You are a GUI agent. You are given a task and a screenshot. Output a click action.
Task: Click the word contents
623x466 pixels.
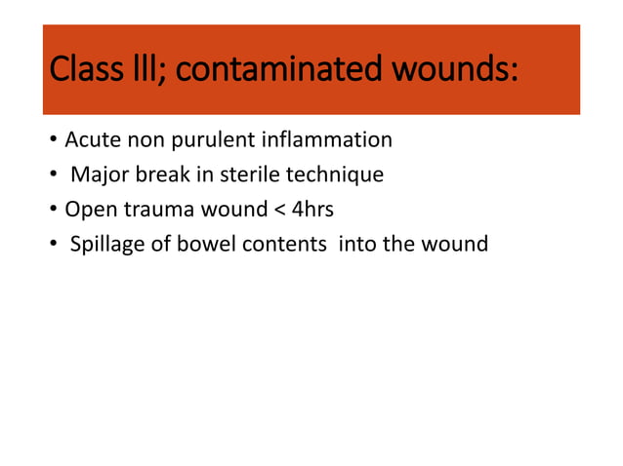coord(283,245)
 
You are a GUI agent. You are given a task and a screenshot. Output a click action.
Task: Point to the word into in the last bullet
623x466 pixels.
coord(357,244)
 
